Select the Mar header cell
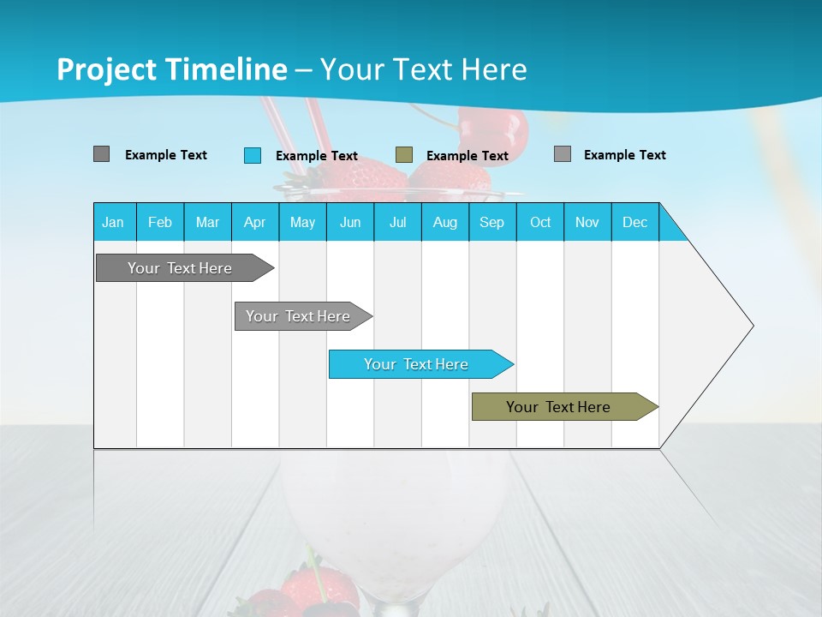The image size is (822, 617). pos(207,222)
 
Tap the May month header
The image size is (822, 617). pos(302,222)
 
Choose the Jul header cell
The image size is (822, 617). pos(397,222)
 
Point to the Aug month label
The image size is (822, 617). pos(444,222)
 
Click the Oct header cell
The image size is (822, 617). pos(539,222)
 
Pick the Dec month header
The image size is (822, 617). pos(634,222)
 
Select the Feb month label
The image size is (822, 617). pos(160,222)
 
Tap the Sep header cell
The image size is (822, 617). pos(491,222)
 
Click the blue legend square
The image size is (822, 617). pos(253,155)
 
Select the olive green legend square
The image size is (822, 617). pos(404,155)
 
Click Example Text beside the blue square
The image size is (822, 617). pos(316,156)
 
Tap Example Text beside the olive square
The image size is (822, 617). pos(467,156)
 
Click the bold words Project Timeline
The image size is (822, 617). pos(171,69)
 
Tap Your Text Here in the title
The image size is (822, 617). pos(423,69)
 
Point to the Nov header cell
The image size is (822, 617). pos(587,222)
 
